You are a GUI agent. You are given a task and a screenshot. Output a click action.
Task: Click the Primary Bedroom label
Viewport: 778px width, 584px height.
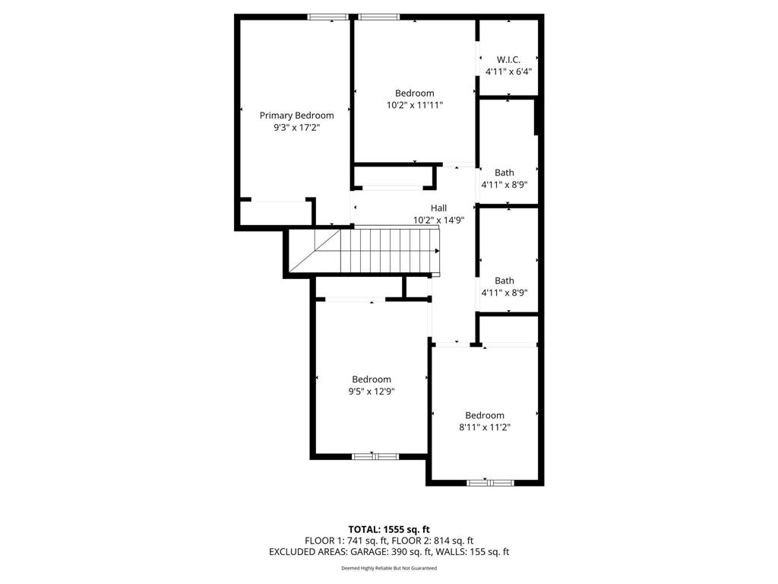pos(296,116)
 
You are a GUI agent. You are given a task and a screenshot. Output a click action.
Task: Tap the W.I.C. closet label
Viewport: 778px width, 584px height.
pos(508,59)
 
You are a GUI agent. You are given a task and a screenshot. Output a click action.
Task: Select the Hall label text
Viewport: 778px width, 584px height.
pos(438,208)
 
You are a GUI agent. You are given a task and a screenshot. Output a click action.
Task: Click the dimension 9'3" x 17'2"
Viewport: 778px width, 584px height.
pos(296,129)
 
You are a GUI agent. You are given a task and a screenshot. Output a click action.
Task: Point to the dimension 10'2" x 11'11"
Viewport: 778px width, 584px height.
pos(414,106)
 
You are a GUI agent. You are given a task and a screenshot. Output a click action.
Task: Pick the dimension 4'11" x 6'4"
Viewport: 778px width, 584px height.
pos(508,71)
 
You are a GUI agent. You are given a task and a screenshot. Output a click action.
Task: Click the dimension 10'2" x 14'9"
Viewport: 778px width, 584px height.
pos(438,220)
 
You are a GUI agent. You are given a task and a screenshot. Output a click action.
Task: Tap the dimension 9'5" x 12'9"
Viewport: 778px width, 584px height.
pos(371,392)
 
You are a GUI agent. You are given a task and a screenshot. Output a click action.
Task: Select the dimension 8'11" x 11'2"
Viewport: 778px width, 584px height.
pos(484,427)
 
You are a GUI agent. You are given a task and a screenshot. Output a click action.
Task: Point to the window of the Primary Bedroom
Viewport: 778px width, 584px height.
pos(328,17)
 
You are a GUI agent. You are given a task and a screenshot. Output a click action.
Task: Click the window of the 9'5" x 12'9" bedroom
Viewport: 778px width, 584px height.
pos(375,456)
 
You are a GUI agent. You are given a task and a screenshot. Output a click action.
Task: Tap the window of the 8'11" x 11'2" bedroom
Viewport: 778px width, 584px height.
pos(490,482)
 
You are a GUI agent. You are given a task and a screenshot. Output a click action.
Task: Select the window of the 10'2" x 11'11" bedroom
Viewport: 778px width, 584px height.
pos(379,17)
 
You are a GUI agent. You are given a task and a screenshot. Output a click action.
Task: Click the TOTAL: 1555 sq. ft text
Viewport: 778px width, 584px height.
pos(389,529)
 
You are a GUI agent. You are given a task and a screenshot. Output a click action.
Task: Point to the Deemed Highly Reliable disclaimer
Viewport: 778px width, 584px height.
pos(389,568)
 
